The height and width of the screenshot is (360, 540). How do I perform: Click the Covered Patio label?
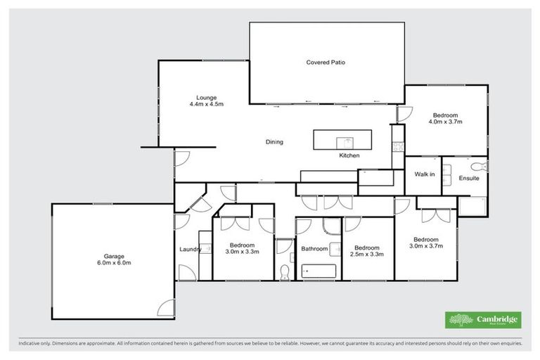pyautogui.click(x=326, y=63)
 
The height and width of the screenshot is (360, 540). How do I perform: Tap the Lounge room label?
pyautogui.click(x=206, y=98)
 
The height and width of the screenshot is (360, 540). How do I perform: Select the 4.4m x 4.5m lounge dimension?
pyautogui.click(x=206, y=104)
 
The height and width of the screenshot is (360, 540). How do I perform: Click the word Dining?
pyautogui.click(x=274, y=142)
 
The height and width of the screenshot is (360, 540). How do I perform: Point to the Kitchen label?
pyautogui.click(x=349, y=155)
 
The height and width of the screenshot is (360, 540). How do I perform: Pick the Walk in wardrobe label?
pyautogui.click(x=425, y=174)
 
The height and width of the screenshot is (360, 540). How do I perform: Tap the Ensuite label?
pyautogui.click(x=469, y=179)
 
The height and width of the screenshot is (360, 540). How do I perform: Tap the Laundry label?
pyautogui.click(x=191, y=249)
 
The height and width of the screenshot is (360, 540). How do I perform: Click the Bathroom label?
pyautogui.click(x=314, y=248)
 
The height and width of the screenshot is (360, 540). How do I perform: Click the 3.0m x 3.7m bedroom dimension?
pyautogui.click(x=426, y=246)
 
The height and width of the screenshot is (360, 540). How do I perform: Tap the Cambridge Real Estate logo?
pyautogui.click(x=483, y=320)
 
